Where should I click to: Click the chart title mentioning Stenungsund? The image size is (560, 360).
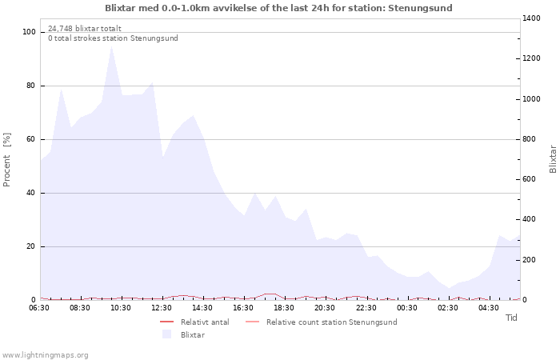[278, 8]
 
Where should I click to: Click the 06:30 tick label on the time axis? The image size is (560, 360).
[39, 308]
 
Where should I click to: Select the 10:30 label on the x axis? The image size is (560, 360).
[121, 308]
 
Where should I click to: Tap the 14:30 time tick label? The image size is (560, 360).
[203, 308]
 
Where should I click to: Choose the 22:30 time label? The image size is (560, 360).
[366, 308]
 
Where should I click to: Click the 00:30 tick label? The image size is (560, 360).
[407, 308]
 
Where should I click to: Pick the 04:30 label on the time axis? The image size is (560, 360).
[489, 308]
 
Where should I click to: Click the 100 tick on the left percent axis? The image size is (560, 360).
[30, 32]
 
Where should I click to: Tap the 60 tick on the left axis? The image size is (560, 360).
[31, 139]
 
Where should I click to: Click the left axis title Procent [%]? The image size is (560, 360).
[7, 160]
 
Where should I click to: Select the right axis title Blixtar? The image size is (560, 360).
[553, 158]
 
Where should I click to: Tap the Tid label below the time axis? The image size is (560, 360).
[511, 318]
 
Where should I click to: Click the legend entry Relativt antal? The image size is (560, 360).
[205, 322]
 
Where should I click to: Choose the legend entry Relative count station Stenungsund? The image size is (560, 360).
[331, 322]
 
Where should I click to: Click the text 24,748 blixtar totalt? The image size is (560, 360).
[85, 28]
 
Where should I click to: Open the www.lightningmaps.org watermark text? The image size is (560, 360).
[46, 354]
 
